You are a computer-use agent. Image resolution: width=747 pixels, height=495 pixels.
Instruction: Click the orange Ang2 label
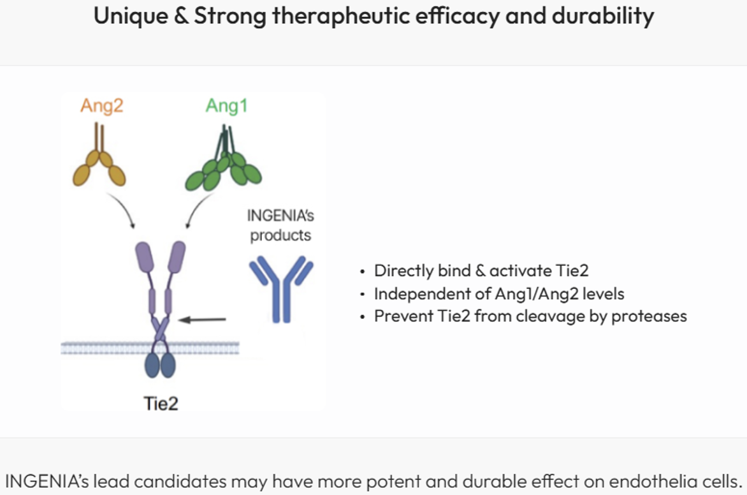[102, 106]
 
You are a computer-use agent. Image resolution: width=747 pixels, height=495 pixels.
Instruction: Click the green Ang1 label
[227, 106]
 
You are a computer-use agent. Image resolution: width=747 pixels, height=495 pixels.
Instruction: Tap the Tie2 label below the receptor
[161, 403]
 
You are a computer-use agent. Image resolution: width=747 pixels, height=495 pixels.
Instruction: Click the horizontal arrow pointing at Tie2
[202, 320]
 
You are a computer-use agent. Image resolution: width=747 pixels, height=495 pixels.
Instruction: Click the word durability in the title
[603, 16]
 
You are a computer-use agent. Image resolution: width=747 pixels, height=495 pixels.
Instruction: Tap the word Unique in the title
[131, 16]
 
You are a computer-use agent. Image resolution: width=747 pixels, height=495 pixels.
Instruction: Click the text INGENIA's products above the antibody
[280, 225]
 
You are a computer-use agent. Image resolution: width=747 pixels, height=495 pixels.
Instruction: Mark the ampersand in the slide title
[181, 16]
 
